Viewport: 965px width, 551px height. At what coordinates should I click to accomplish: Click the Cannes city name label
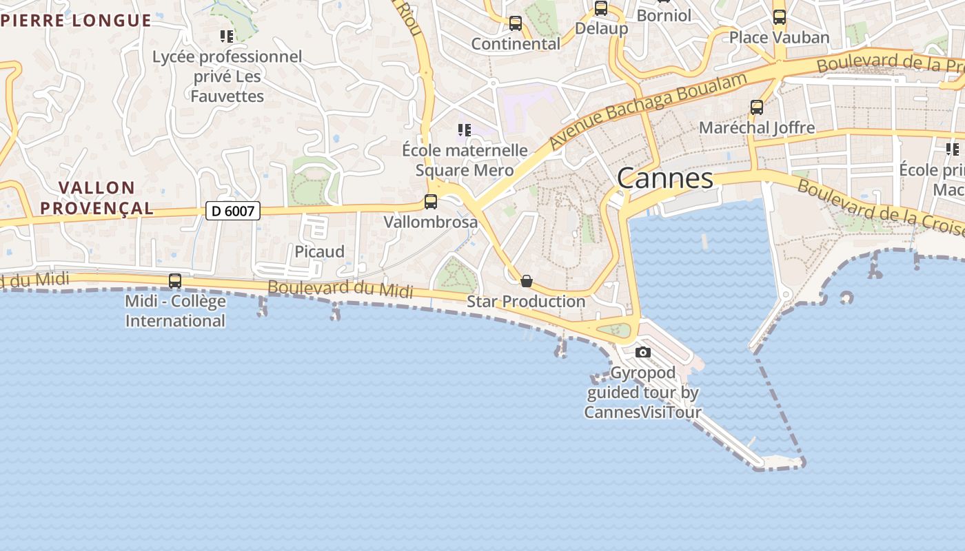click(x=664, y=178)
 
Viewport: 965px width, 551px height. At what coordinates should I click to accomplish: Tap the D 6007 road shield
click(x=233, y=211)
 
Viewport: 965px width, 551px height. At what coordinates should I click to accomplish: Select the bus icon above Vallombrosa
click(x=431, y=202)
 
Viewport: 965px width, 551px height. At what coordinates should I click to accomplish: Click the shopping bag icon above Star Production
click(x=527, y=281)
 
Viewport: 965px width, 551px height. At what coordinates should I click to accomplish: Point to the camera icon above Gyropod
click(x=642, y=352)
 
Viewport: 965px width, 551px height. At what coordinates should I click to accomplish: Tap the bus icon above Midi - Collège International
click(x=175, y=281)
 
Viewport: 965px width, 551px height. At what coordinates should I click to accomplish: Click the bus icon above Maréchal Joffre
click(x=757, y=107)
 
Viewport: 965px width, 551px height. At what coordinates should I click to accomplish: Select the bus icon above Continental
click(x=516, y=23)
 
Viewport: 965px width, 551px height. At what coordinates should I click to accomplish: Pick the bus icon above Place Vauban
click(x=780, y=17)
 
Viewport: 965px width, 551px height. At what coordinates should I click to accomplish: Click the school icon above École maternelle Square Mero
click(x=465, y=129)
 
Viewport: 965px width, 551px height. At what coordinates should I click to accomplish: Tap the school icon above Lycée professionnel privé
click(x=227, y=36)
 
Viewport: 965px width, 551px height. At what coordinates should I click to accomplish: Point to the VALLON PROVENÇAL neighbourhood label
click(x=96, y=198)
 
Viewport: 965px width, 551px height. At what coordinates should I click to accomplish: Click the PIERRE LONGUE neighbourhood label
click(x=76, y=20)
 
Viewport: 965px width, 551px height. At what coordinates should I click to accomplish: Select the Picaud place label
click(x=320, y=251)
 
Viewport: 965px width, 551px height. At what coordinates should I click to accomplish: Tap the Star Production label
click(x=526, y=301)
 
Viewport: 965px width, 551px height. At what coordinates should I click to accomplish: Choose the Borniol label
click(x=664, y=14)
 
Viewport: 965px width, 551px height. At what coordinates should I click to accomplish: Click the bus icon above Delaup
click(x=601, y=8)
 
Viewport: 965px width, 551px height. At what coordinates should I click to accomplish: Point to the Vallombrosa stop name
click(x=431, y=222)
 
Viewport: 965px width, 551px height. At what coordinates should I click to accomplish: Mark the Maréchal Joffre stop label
click(x=757, y=127)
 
